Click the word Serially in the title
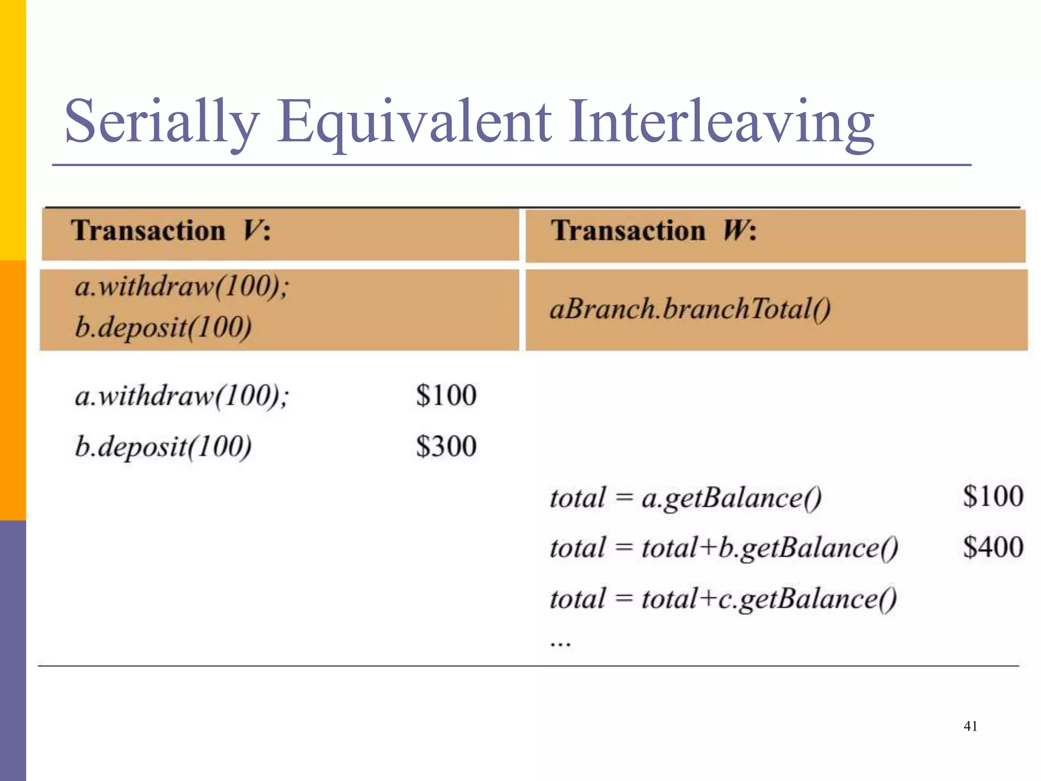tap(162, 122)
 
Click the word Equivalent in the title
tap(414, 122)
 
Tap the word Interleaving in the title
tap(722, 122)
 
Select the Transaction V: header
tap(171, 231)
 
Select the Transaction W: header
tap(654, 231)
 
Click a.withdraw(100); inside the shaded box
tap(182, 286)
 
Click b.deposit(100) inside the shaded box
tap(163, 327)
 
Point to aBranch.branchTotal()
tap(690, 309)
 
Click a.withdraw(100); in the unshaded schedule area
tap(182, 396)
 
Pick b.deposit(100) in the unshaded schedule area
tap(163, 447)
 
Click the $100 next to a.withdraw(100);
tap(446, 396)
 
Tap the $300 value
tap(446, 446)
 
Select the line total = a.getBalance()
tap(685, 498)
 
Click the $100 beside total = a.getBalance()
tap(993, 496)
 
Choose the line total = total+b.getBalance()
tap(724, 548)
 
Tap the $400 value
tap(993, 548)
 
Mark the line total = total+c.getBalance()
tap(723, 599)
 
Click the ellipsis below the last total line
tap(560, 644)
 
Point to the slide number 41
tap(970, 726)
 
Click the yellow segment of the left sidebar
tap(13, 130)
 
